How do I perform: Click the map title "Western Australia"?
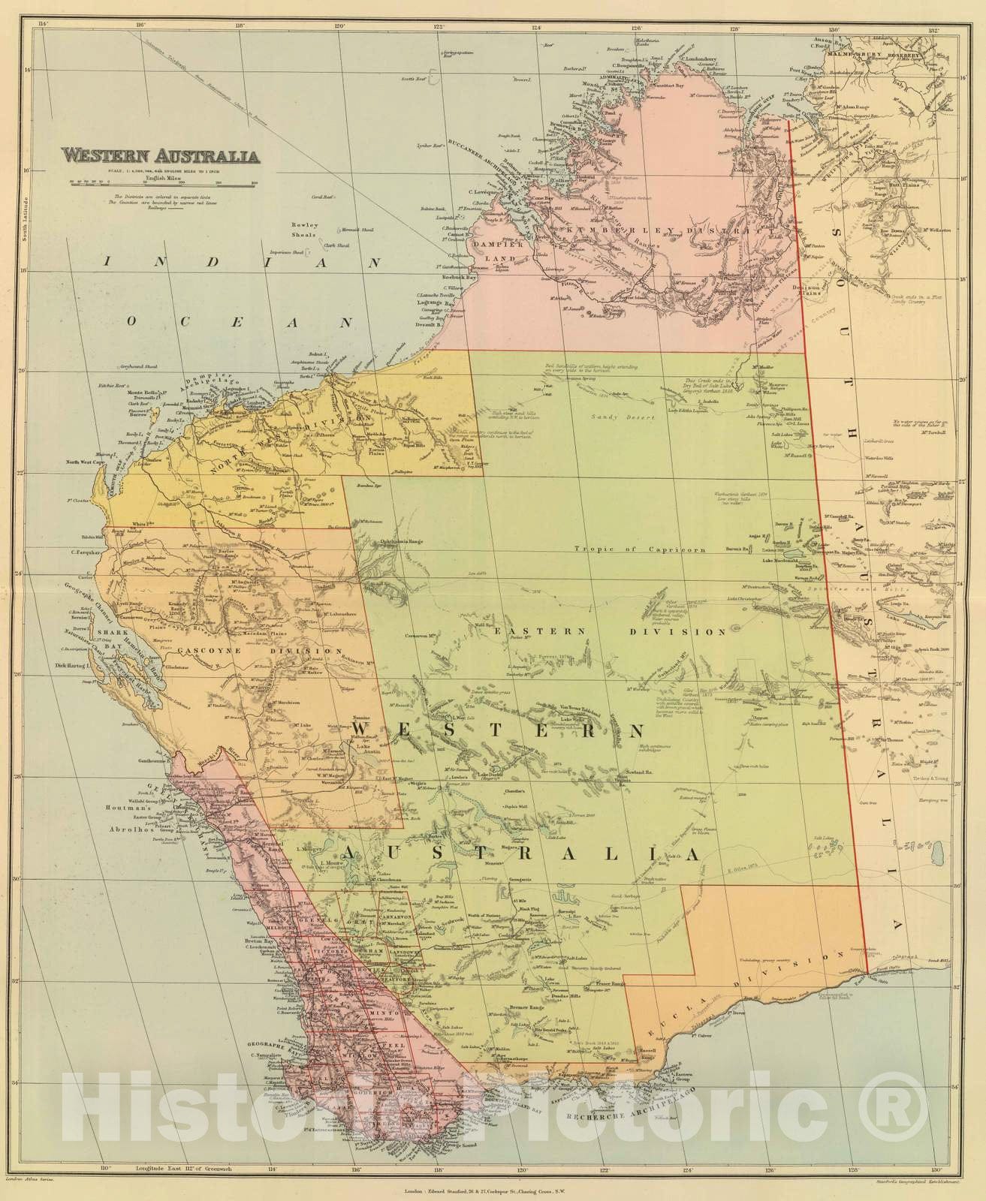(x=161, y=157)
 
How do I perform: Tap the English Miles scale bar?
(x=161, y=183)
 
